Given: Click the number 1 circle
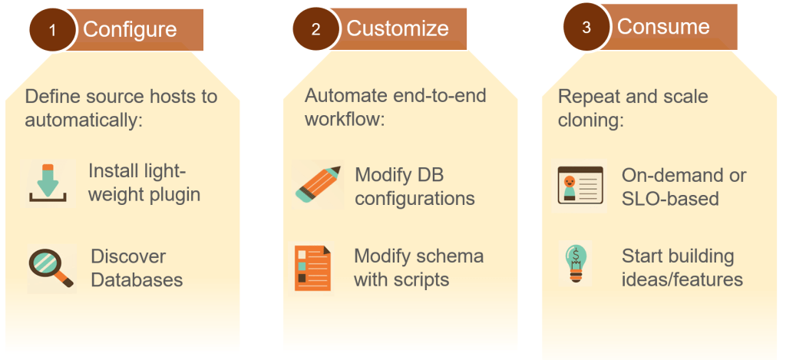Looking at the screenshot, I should (x=52, y=30).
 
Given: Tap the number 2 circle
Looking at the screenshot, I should (x=315, y=30).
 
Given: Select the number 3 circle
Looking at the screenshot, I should (x=586, y=27).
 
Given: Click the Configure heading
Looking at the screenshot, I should (x=130, y=30).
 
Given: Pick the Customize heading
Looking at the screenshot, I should (x=397, y=28).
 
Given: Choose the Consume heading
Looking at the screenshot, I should (x=663, y=26).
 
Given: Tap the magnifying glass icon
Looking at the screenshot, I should (x=51, y=268).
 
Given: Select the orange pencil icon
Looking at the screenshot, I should (x=318, y=183).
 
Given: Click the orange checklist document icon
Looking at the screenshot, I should (x=313, y=268).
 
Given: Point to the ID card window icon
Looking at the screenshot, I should (x=579, y=186).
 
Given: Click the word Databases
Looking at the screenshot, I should (x=137, y=279).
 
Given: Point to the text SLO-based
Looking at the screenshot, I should (x=669, y=198).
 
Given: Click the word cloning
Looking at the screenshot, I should (x=590, y=120).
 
